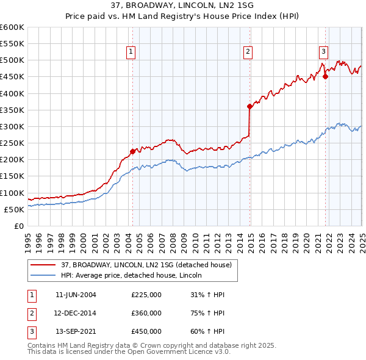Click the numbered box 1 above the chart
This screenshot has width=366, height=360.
131,52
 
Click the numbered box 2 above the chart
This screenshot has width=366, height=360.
248,52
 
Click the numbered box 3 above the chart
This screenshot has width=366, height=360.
323,52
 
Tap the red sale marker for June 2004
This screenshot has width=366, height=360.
132,151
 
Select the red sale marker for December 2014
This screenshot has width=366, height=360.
249,106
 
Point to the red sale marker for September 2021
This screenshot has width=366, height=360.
325,76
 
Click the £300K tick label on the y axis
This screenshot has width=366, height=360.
12,126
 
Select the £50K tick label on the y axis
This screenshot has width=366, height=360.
15,209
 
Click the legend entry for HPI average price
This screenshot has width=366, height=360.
132,276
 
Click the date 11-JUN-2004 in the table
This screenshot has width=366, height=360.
76,295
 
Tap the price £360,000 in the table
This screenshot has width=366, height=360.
146,313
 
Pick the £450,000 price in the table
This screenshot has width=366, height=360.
146,332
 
